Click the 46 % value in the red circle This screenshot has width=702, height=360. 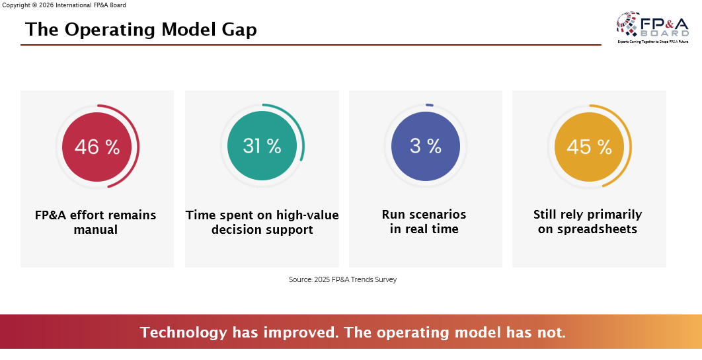tap(97, 147)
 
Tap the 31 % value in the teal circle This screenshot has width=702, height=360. tap(262, 146)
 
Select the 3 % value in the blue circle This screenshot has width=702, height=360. tap(426, 146)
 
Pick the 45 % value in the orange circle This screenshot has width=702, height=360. tap(589, 147)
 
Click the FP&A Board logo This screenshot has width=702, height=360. tap(653, 27)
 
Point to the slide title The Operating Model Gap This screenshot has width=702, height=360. tap(141, 30)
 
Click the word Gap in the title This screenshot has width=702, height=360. tap(239, 30)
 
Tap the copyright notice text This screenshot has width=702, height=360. tap(64, 5)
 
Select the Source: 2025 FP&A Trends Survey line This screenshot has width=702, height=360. tap(342, 279)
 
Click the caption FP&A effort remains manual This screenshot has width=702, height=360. tap(96, 223)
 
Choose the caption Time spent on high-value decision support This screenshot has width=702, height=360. tap(262, 223)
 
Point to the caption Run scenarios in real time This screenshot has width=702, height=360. tap(424, 223)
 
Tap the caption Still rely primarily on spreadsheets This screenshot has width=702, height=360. tap(588, 223)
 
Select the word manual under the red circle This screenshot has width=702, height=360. tap(96, 230)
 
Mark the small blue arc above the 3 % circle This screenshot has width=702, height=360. tap(430, 104)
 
